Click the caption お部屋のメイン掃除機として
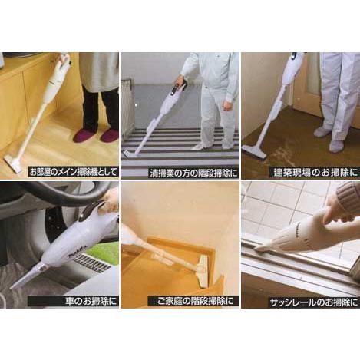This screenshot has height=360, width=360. [x=73, y=172]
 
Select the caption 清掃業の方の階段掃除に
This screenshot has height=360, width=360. [x=193, y=173]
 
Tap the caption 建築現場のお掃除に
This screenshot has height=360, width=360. [x=315, y=173]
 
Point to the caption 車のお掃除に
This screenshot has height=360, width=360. [x=91, y=301]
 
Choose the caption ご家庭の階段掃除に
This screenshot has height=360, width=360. [x=196, y=301]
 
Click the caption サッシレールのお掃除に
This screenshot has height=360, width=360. [x=314, y=302]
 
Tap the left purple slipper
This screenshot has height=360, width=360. [x=84, y=136]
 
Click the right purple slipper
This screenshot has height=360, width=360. [x=110, y=136]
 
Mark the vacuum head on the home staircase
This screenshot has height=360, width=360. [x=204, y=272]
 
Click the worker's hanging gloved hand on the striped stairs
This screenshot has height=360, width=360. [x=228, y=104]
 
